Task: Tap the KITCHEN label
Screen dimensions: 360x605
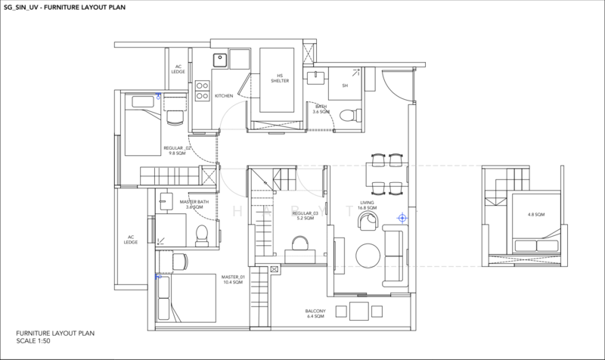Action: pos(224,96)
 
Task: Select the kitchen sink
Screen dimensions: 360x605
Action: pos(219,59)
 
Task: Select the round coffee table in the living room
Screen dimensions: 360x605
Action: pos(367,254)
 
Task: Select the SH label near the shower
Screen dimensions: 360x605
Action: pos(345,85)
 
